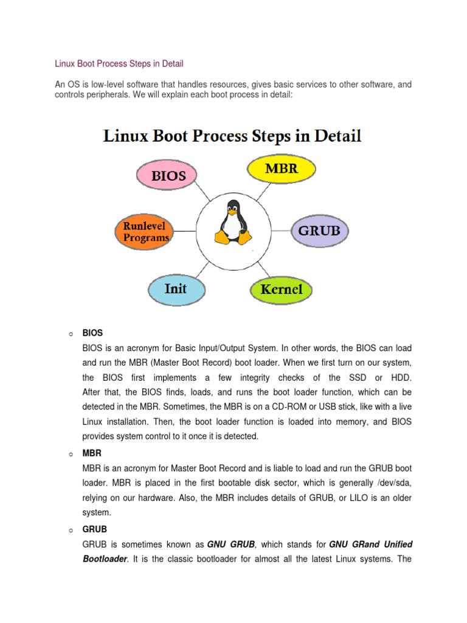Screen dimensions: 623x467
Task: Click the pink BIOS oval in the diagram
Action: tap(165, 177)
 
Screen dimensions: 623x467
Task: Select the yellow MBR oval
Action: tap(282, 169)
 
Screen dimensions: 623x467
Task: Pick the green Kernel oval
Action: tap(281, 290)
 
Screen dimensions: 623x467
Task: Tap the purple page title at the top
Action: tap(119, 63)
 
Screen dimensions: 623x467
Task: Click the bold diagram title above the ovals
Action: tap(233, 136)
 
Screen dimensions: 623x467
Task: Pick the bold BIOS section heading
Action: tap(92, 333)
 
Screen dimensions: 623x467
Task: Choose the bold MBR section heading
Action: tap(92, 454)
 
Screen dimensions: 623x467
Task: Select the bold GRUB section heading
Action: tap(94, 529)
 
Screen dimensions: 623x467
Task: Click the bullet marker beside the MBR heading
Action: tap(71, 454)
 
